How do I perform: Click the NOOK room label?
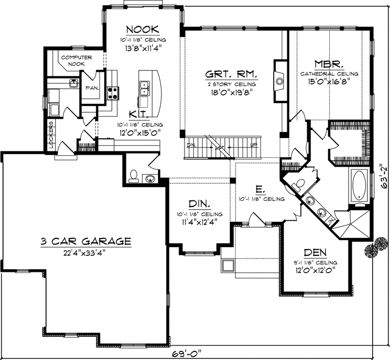[142, 29]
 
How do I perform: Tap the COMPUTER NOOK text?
[76, 61]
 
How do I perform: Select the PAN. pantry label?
[90, 88]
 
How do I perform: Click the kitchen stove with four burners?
[112, 93]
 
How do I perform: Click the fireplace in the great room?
[279, 81]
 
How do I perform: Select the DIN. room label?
[198, 204]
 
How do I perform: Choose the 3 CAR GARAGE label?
[86, 242]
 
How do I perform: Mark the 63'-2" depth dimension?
[383, 174]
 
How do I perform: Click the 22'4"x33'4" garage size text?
[86, 254]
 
